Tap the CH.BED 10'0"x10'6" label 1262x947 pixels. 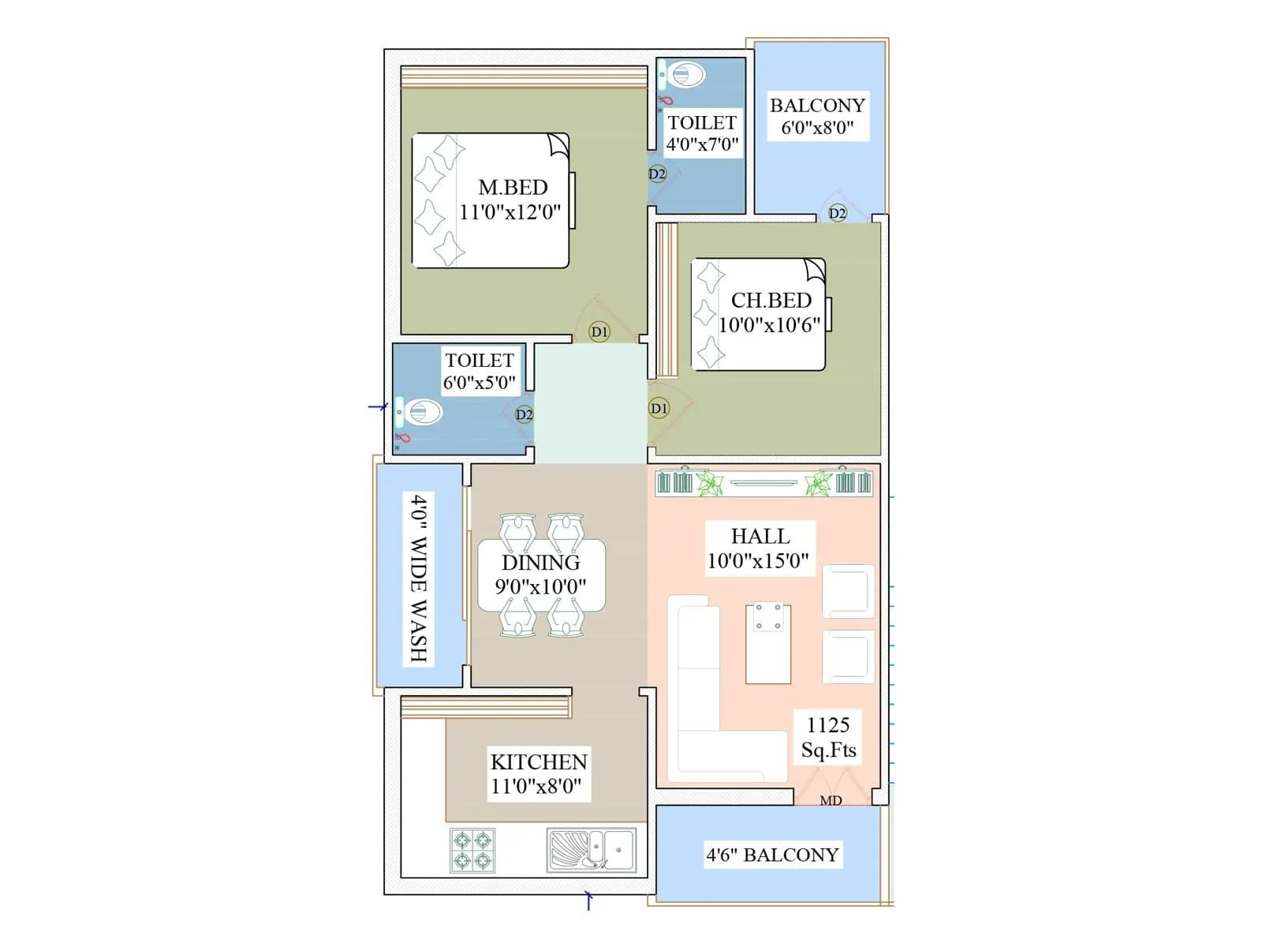click(770, 313)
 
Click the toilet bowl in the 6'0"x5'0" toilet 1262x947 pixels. click(420, 412)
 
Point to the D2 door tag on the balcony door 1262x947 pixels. click(837, 213)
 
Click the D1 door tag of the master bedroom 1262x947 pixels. click(599, 331)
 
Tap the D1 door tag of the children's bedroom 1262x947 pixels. click(659, 408)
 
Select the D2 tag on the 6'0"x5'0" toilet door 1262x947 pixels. click(524, 414)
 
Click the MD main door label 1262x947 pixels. click(831, 800)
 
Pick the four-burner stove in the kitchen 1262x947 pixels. click(472, 850)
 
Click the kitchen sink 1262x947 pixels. click(592, 850)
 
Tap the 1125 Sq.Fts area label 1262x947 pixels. click(828, 737)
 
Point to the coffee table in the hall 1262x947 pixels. click(768, 643)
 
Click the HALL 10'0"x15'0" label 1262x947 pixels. click(759, 548)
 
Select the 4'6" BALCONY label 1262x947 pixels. click(772, 855)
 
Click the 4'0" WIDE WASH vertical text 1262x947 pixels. click(419, 578)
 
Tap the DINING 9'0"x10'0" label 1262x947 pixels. click(541, 574)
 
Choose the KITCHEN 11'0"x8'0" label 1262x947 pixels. click(539, 773)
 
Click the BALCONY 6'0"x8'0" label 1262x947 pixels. click(817, 116)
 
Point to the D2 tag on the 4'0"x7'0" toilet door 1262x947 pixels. click(657, 174)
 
